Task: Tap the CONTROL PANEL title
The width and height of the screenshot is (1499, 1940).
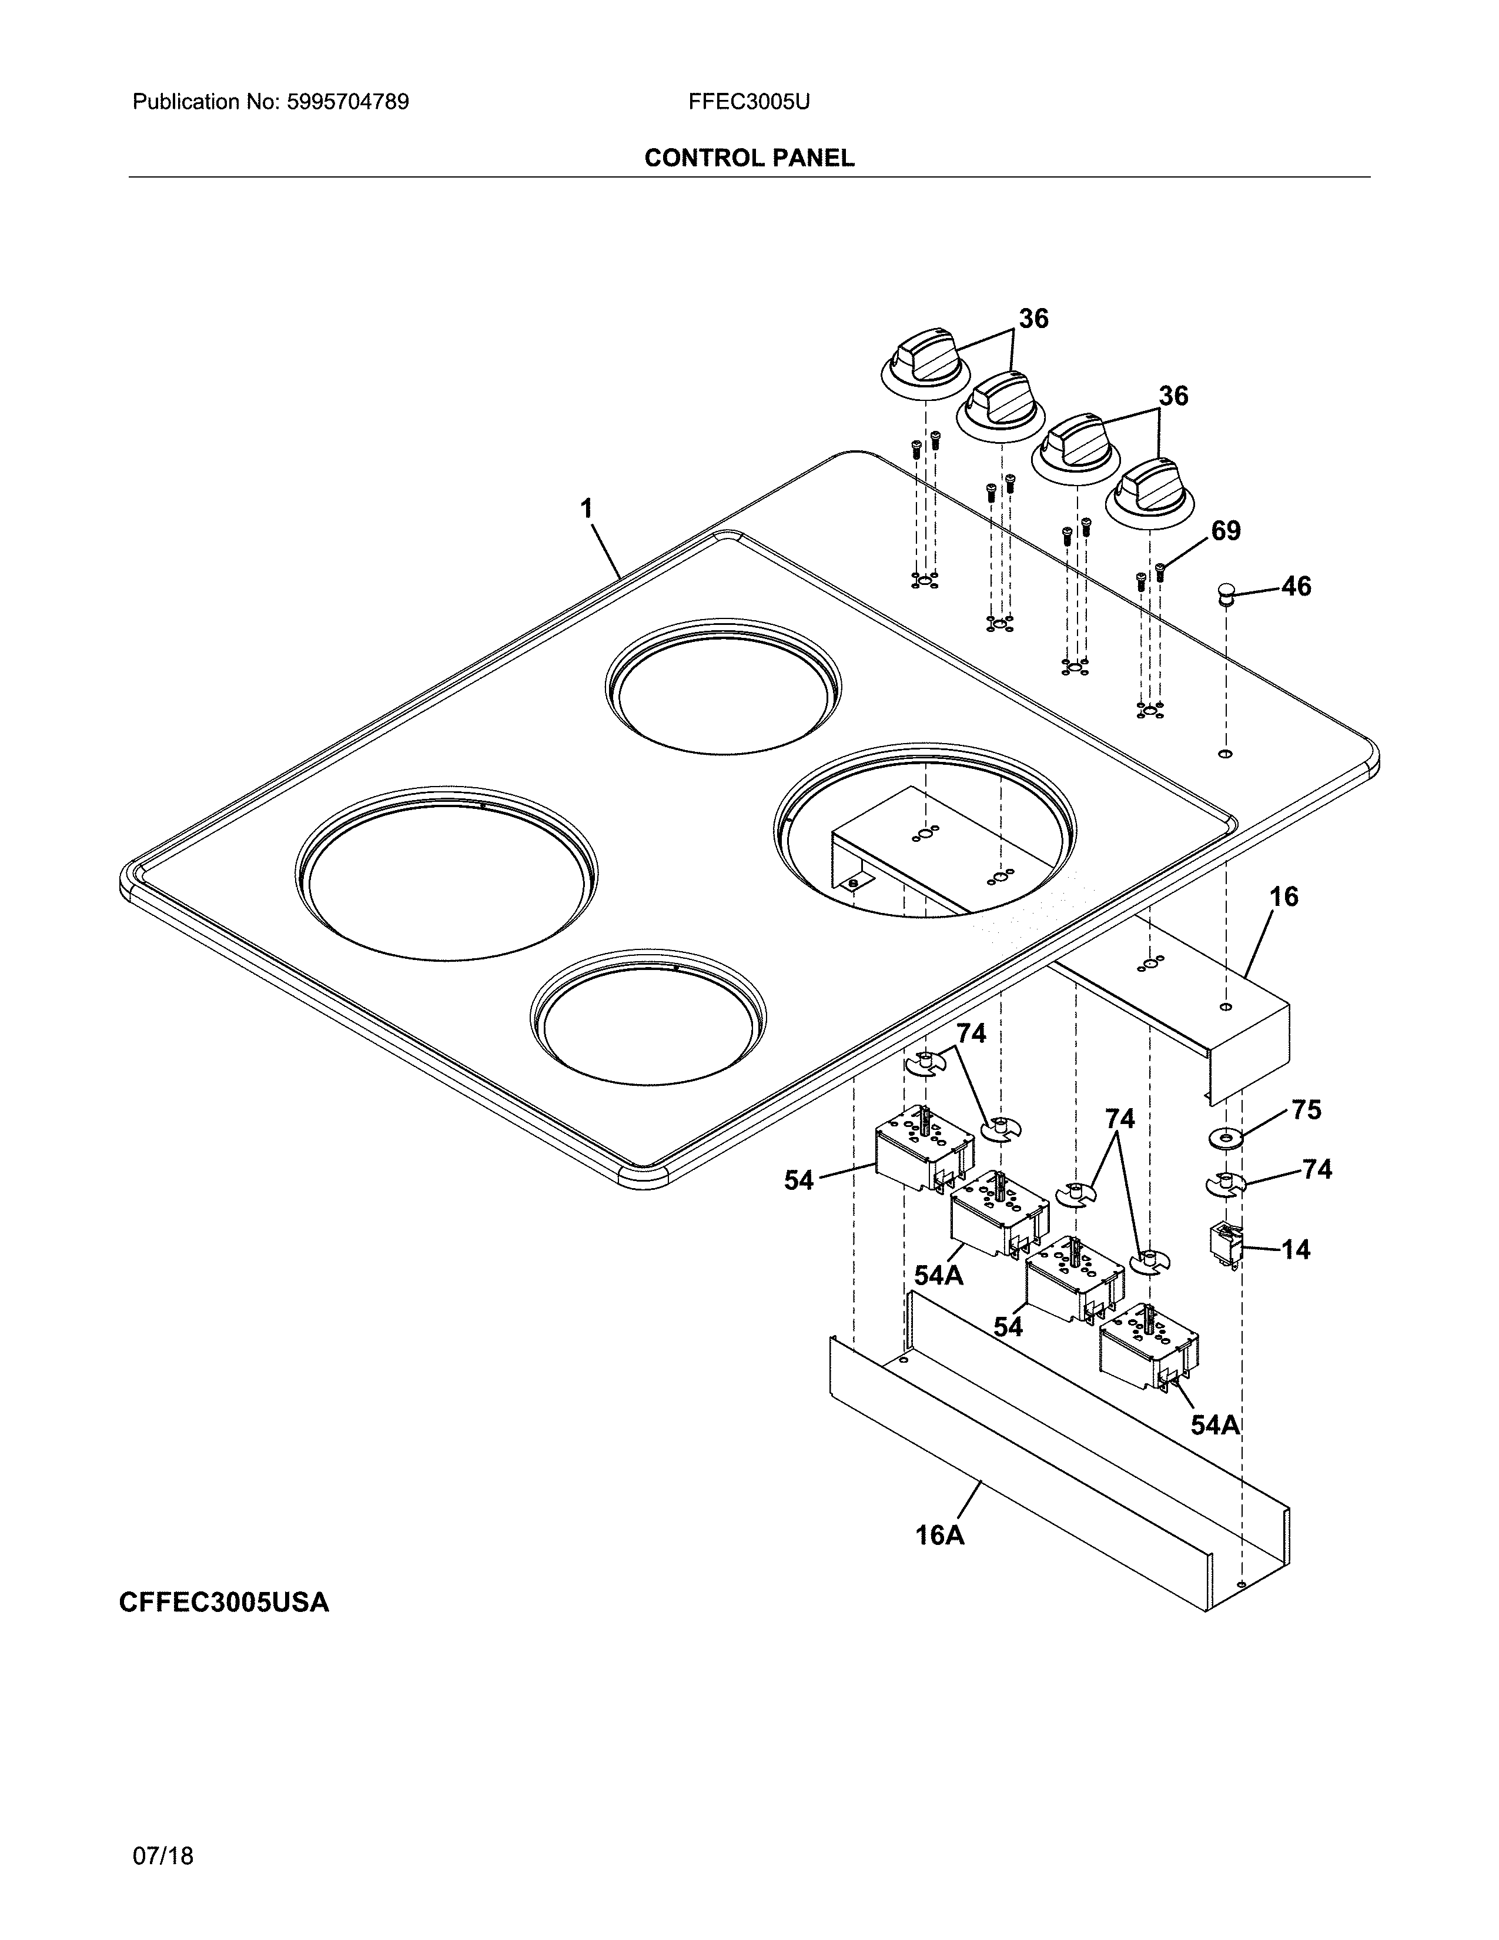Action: (x=748, y=158)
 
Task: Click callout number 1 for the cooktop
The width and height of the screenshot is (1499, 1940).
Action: (x=586, y=509)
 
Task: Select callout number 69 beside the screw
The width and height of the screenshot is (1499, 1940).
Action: (x=1226, y=531)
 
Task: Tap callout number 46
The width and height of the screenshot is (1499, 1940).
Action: (x=1296, y=586)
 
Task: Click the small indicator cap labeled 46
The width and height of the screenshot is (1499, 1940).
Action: (x=1226, y=593)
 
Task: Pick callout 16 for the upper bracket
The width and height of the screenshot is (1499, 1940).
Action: (x=1283, y=897)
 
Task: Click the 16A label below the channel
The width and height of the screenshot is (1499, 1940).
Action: (x=939, y=1560)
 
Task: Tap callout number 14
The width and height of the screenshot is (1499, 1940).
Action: (x=1296, y=1250)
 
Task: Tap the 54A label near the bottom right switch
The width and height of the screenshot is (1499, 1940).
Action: (x=1214, y=1425)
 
